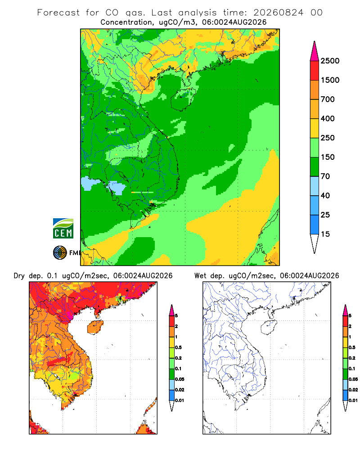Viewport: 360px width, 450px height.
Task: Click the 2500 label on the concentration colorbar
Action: click(x=330, y=61)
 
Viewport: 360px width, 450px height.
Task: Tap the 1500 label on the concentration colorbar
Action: click(x=330, y=80)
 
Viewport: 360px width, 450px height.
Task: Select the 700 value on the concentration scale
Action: click(x=328, y=99)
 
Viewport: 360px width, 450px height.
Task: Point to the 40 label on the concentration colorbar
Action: click(x=325, y=195)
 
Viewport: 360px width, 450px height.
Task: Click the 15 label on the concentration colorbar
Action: click(x=325, y=234)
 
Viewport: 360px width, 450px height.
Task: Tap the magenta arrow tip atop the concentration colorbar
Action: click(x=315, y=51)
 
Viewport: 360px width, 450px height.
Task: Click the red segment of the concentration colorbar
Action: click(x=315, y=70)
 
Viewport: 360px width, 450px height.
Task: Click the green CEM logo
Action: click(x=63, y=229)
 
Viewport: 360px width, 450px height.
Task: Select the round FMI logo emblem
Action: click(x=60, y=253)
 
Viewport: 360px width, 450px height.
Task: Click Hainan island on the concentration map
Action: click(x=182, y=99)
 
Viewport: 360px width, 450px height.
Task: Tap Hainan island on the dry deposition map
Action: click(x=95, y=327)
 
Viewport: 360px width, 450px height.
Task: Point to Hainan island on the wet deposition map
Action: click(x=269, y=327)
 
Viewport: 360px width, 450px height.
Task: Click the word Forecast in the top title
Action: click(x=58, y=13)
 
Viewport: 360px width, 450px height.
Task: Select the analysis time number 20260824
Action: click(x=278, y=13)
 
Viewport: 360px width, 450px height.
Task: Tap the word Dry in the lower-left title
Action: click(x=19, y=276)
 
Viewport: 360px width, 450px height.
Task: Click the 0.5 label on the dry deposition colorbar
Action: click(x=178, y=347)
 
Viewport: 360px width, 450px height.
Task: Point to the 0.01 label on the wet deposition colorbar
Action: click(x=353, y=400)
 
